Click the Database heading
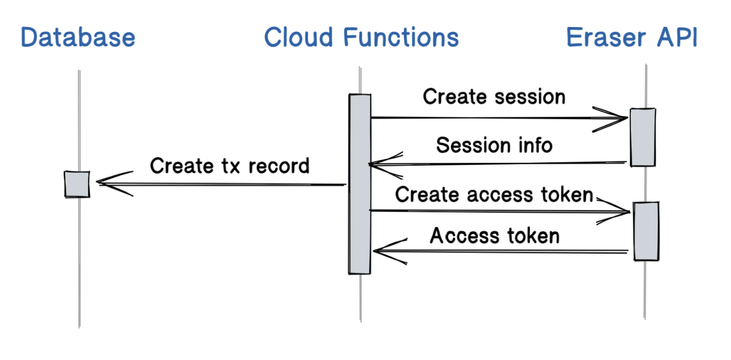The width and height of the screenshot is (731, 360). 78,37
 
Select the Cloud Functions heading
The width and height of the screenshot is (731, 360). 361,37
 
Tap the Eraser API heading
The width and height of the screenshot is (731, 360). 632,37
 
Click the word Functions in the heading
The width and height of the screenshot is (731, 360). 401,37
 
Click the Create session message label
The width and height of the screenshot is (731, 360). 494,97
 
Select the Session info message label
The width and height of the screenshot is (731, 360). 494,145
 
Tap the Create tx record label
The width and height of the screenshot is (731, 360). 229,166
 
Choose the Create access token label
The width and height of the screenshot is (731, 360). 494,195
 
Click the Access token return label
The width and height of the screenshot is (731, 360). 494,236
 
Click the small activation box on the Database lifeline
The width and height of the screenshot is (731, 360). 77,184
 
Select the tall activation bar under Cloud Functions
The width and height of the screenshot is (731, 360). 360,184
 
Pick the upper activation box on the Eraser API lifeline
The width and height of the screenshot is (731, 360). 643,137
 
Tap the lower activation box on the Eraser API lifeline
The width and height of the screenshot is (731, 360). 646,232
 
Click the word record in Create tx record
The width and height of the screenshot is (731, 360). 279,166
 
